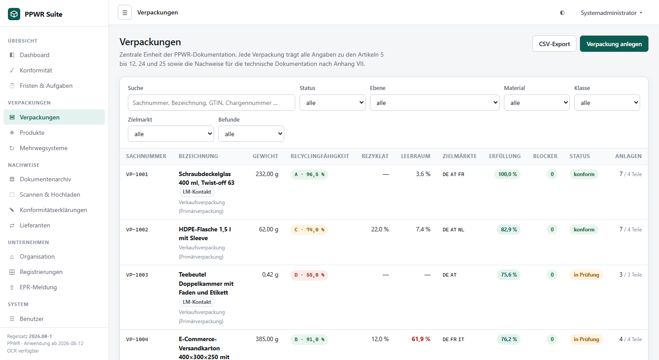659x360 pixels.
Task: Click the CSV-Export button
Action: point(554,44)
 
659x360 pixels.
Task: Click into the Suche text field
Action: point(211,103)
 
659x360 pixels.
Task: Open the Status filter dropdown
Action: point(333,103)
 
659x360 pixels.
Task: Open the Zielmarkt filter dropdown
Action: point(170,134)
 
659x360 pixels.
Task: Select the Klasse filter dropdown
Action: point(607,103)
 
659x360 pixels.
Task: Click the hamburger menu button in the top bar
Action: point(125,13)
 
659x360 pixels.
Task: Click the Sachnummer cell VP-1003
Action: point(137,275)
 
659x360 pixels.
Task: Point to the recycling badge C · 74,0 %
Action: point(309,230)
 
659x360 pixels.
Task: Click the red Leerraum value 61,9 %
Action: point(421,339)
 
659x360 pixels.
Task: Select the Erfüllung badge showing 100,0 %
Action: point(507,174)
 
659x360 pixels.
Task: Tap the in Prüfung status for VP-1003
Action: point(587,275)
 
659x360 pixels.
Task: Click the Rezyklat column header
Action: point(375,156)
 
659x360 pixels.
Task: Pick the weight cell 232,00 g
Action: point(267,174)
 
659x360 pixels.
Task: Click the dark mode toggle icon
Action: point(562,13)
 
